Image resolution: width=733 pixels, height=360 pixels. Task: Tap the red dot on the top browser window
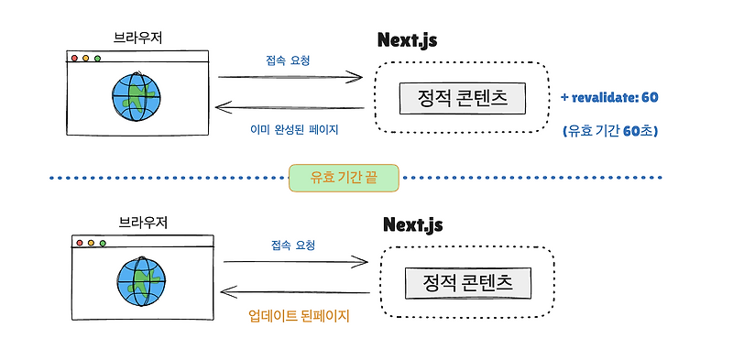pos(74,58)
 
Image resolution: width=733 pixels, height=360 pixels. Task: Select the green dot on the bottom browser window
pos(103,243)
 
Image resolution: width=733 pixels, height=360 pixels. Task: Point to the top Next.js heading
pos(408,41)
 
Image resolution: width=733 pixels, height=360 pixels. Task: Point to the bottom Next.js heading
pos(412,224)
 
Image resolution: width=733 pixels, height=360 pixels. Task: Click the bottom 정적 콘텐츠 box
pos(468,282)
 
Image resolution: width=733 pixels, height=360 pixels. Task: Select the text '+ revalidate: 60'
pos(610,97)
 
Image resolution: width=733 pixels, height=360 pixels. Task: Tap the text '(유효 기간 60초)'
pos(610,131)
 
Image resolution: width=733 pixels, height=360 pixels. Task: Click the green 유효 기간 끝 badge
pos(345,178)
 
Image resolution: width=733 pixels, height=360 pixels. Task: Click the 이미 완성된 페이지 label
pos(294,130)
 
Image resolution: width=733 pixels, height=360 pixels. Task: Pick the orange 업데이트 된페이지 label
pos(300,316)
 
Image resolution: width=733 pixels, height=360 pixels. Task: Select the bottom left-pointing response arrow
pos(295,294)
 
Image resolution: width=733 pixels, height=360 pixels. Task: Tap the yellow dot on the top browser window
pos(86,58)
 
